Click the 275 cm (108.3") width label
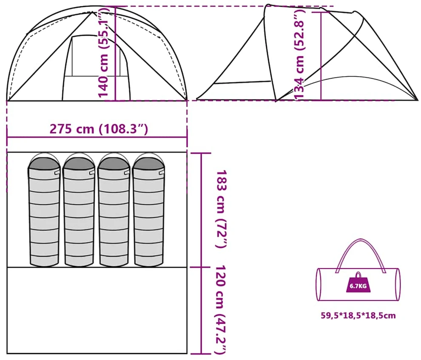(x=99, y=129)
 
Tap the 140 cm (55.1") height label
(x=103, y=52)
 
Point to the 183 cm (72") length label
(x=222, y=209)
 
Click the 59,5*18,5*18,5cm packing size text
(x=358, y=315)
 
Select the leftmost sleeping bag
(x=44, y=210)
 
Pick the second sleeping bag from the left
(x=79, y=210)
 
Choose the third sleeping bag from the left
(x=114, y=210)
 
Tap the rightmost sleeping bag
(x=149, y=210)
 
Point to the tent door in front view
(x=96, y=68)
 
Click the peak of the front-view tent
(x=93, y=12)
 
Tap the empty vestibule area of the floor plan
(x=97, y=310)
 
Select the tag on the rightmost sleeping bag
(x=162, y=172)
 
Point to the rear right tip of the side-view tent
(x=418, y=100)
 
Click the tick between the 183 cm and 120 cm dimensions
(x=201, y=267)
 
